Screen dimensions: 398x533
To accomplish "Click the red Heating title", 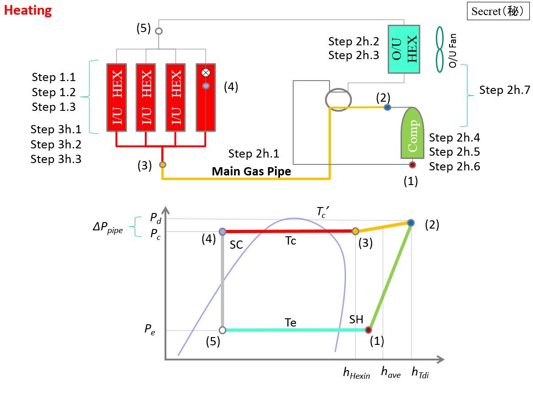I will [28, 10].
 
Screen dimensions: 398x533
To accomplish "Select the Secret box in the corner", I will [497, 11].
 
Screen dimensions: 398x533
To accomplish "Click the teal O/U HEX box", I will [404, 49].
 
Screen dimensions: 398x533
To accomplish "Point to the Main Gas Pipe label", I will [251, 172].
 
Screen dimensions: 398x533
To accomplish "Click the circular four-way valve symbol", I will [338, 98].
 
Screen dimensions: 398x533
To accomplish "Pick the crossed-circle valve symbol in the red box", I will [206, 72].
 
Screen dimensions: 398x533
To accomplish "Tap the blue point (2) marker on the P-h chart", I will [411, 223].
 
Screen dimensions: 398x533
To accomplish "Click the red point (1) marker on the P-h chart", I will [368, 330].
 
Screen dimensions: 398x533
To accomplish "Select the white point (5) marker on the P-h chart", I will [222, 330].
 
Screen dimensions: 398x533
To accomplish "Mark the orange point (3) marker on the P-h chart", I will [355, 231].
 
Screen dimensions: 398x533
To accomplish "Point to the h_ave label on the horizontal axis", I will [390, 373].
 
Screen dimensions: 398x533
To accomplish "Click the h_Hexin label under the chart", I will [357, 373].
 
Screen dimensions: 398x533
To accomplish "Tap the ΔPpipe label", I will [107, 229].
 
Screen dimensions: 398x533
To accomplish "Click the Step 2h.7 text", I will [505, 90].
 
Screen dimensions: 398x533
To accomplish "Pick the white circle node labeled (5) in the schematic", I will [159, 31].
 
